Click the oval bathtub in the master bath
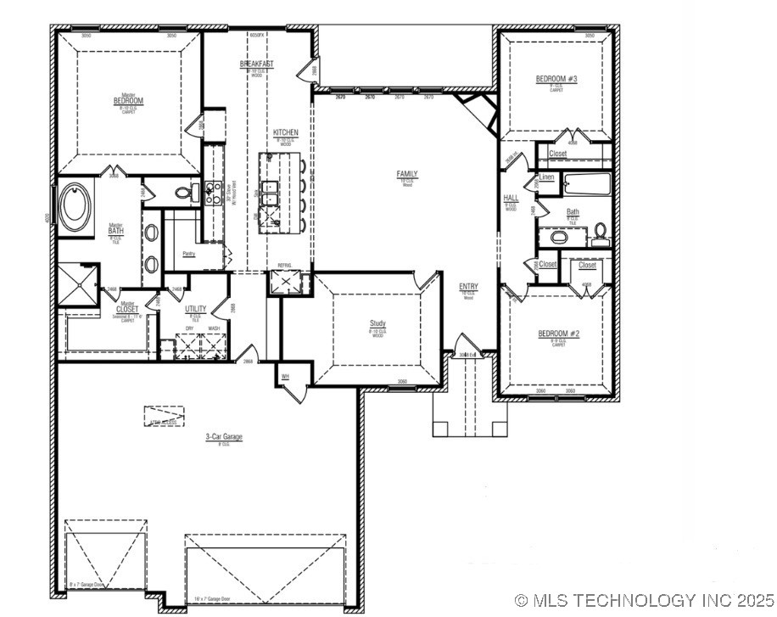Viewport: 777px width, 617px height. click(76, 207)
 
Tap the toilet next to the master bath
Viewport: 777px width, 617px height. click(182, 194)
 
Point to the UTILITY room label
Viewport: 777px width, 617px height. click(195, 309)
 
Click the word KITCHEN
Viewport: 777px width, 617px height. click(285, 133)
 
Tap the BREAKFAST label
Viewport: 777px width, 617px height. click(256, 65)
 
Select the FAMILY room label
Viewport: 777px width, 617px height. click(407, 174)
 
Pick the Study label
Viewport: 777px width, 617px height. click(377, 323)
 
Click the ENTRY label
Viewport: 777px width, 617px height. click(468, 287)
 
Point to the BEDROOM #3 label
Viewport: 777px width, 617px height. click(556, 80)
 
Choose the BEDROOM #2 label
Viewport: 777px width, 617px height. click(558, 334)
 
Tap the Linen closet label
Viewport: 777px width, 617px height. click(547, 177)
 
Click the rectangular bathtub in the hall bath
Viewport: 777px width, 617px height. click(585, 182)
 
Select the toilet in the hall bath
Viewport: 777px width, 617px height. click(601, 233)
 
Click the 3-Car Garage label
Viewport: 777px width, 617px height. click(224, 437)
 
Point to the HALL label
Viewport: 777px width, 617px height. click(511, 198)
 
